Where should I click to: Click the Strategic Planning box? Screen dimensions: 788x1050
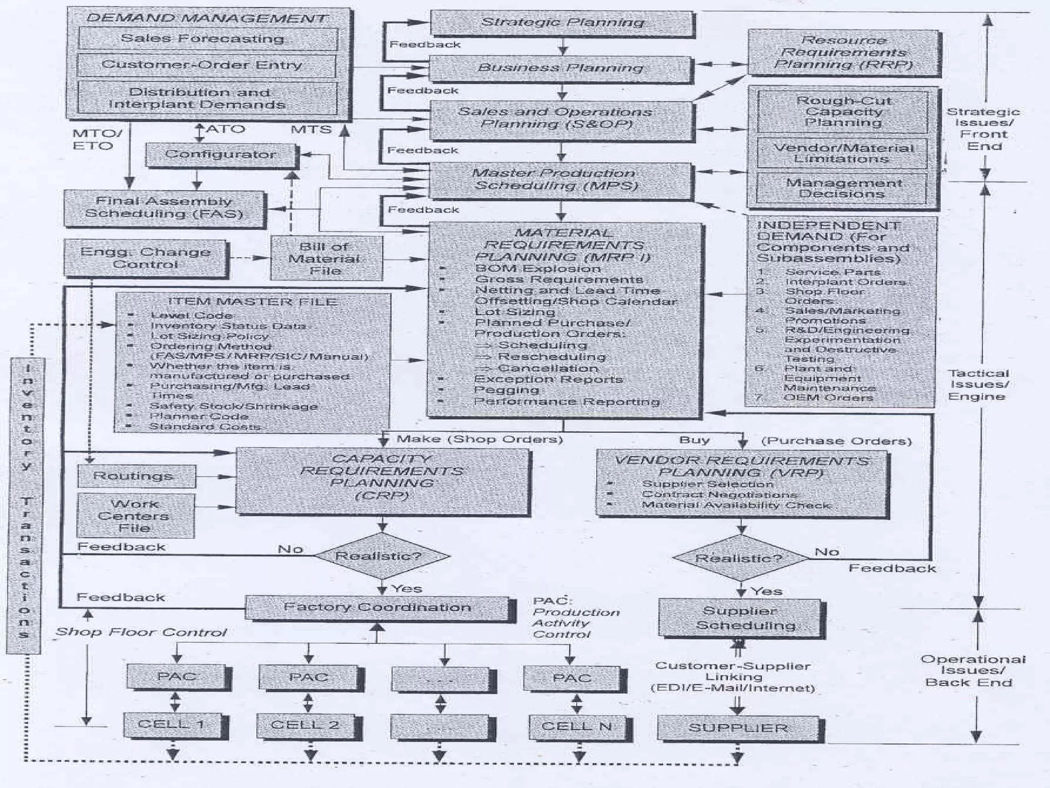point(562,23)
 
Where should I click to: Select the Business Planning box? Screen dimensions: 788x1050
point(560,68)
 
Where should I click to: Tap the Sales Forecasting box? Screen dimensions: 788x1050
point(208,39)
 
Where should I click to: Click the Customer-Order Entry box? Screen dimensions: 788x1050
point(206,65)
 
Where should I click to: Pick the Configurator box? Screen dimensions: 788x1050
point(221,154)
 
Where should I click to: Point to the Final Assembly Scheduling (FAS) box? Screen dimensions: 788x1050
point(164,208)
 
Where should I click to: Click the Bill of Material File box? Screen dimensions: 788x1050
point(326,259)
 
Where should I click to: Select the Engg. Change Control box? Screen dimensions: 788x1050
point(146,258)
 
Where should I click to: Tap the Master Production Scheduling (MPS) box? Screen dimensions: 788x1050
point(560,180)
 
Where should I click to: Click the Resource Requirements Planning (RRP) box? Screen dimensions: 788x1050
point(843,53)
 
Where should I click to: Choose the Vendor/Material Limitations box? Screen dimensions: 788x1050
point(842,153)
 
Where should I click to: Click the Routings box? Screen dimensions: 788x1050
point(136,476)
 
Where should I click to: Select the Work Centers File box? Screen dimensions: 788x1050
point(135,516)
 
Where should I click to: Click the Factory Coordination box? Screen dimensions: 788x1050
point(379,608)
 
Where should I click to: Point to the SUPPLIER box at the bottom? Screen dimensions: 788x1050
point(740,728)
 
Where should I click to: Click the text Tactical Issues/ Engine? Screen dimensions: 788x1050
point(978,385)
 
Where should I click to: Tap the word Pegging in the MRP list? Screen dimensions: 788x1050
point(506,390)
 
